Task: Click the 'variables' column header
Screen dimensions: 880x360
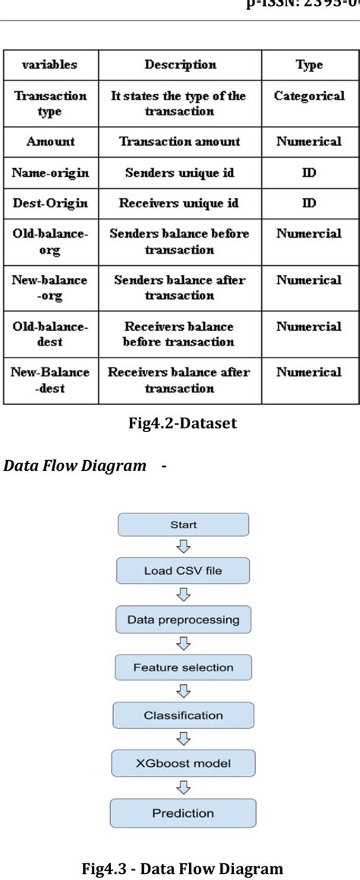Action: [49, 65]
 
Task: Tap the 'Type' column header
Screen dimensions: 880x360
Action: [310, 65]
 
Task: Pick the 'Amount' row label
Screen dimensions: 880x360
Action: [49, 141]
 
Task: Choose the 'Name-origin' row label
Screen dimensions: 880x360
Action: [49, 172]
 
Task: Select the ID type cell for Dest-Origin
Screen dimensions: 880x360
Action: [310, 203]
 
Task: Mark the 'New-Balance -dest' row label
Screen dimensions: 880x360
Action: [49, 380]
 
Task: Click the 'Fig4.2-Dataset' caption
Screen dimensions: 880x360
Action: [182, 424]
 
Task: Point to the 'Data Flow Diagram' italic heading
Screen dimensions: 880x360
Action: [75, 465]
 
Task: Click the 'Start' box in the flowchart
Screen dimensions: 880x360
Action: [182, 525]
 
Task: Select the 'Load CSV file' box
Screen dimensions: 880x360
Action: [182, 570]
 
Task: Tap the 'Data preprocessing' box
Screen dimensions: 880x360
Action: [182, 620]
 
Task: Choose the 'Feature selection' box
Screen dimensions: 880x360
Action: [182, 667]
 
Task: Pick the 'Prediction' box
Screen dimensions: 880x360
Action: [182, 812]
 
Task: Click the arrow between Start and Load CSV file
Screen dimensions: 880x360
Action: [182, 547]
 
